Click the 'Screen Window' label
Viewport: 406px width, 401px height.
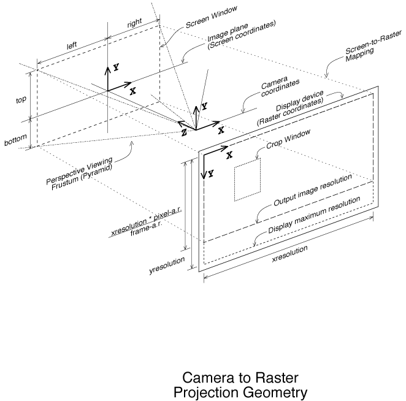coord(212,17)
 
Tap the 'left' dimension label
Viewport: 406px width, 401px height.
coord(72,45)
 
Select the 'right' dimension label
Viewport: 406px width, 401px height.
coord(135,23)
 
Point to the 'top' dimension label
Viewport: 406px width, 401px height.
coord(21,100)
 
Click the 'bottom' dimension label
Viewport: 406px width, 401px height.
coord(15,140)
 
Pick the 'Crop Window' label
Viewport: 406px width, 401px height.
coord(288,139)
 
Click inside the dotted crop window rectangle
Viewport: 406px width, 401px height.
coord(247,180)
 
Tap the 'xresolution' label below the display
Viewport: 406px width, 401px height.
coord(289,254)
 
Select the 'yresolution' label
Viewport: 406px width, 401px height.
coord(167,265)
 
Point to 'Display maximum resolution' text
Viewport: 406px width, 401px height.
coord(314,215)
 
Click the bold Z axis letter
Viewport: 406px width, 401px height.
coord(184,132)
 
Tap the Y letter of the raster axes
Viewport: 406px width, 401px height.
coord(211,174)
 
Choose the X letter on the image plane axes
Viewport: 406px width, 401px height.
coord(133,91)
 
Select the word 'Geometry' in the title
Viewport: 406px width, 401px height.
coord(275,392)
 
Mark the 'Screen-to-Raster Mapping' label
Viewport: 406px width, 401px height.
coord(373,47)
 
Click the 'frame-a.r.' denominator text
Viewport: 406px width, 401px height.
coord(147,229)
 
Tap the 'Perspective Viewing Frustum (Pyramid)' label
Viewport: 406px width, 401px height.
coord(80,174)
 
